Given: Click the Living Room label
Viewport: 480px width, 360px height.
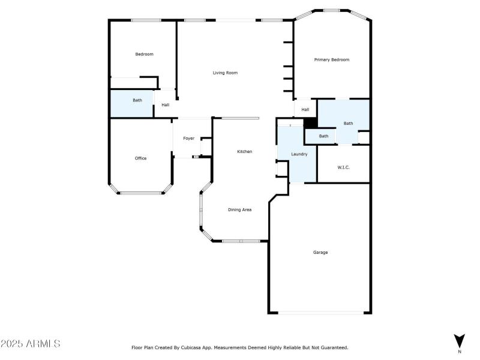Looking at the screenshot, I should coord(225,73).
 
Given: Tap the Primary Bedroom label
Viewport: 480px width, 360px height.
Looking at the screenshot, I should coord(332,59).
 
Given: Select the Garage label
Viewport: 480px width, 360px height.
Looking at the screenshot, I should coord(320,252).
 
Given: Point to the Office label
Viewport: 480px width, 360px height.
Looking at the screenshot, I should coord(140,158).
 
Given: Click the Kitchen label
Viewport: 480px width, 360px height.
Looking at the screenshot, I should coord(244,151).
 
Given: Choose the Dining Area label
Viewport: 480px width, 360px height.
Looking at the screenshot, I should coord(239,209).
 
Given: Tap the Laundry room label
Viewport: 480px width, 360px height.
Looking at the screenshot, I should coord(299,154).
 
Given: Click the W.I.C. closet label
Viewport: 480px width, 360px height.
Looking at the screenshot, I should coord(343,167).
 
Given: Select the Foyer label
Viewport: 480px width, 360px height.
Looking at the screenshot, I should coord(188,138).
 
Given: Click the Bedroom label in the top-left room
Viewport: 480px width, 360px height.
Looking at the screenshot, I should coord(144,54).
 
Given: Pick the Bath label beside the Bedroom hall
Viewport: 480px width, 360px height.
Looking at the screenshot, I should coord(137,100).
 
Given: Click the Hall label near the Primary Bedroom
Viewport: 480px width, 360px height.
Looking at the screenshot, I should coord(305,109).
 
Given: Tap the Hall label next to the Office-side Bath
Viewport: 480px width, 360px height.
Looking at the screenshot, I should coord(165,105).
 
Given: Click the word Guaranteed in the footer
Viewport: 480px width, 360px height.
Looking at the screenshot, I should coord(333,347).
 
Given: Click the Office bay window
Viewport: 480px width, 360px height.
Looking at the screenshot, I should coord(141,193).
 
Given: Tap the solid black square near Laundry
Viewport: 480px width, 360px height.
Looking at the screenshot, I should coord(310,122).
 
